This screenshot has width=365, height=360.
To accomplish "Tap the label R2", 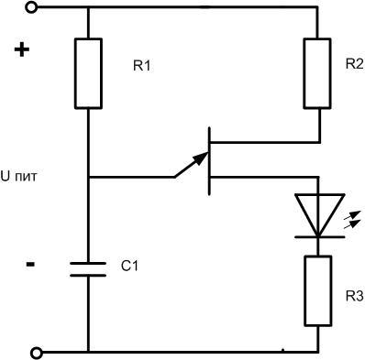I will pos(353,64).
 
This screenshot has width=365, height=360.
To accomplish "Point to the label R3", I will pos(352,296).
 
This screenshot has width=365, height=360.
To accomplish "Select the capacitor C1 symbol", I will pos(89,267).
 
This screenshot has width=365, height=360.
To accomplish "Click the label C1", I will pos(129,267).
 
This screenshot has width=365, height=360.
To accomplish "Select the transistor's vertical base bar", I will pos(211,161).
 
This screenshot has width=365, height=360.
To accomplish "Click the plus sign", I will pos(23,50).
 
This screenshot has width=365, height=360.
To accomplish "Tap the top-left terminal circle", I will pos(34,8).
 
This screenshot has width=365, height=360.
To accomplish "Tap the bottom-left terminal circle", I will pos(34,352).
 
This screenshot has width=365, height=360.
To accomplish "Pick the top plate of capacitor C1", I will pos(89,261).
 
